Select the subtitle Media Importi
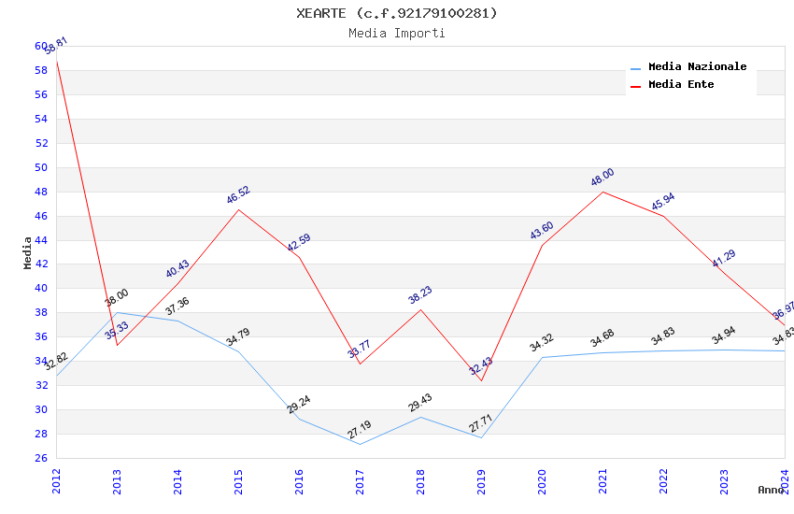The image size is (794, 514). click(x=397, y=34)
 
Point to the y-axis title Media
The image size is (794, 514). click(x=28, y=252)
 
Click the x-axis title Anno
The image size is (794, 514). click(x=771, y=490)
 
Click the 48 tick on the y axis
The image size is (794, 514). click(x=41, y=192)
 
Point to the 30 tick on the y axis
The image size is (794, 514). click(x=41, y=410)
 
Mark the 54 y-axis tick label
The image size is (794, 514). click(x=41, y=119)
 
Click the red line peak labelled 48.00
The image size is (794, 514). click(x=603, y=192)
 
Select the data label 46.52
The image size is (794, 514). click(x=238, y=195)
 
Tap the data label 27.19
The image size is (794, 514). click(x=360, y=431)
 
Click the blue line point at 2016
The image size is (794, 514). click(x=299, y=419)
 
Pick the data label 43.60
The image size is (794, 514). click(x=542, y=231)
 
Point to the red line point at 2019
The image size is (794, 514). click(x=481, y=380)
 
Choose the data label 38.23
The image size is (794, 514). click(x=420, y=295)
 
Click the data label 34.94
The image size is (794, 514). click(x=724, y=336)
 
